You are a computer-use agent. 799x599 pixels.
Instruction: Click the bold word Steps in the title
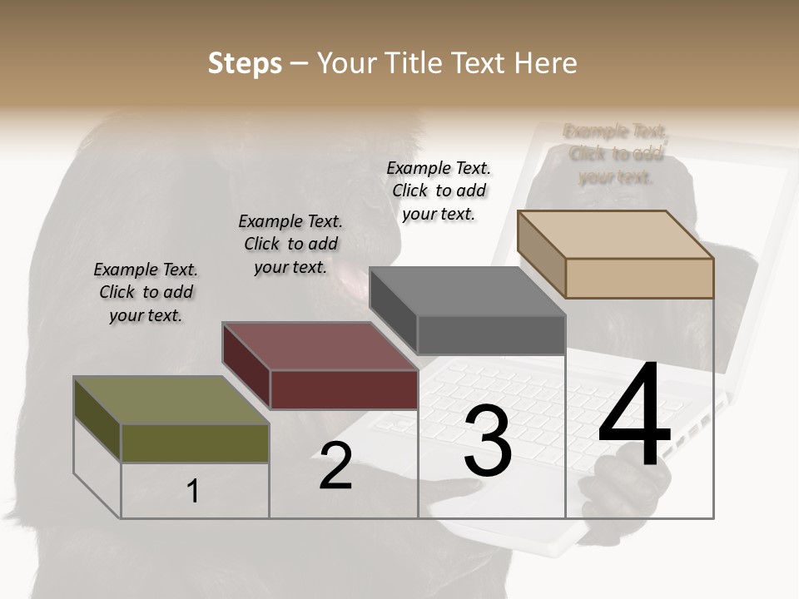click(245, 63)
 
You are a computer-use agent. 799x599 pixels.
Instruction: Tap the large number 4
click(634, 416)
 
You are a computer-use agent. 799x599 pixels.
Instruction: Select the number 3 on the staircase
click(487, 441)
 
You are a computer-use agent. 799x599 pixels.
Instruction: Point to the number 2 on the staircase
click(335, 466)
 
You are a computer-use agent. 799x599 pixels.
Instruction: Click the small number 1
click(192, 491)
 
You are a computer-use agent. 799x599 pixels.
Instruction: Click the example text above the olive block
click(146, 292)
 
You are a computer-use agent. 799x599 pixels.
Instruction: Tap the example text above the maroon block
click(290, 244)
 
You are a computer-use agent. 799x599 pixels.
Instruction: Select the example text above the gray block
click(439, 191)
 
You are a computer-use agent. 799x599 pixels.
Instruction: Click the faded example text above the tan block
click(616, 154)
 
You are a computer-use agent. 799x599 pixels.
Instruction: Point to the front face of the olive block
click(195, 443)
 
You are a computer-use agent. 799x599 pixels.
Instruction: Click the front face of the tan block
click(639, 278)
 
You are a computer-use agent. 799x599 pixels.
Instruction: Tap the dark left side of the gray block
click(393, 310)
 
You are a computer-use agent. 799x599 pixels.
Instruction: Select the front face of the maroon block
click(344, 389)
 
